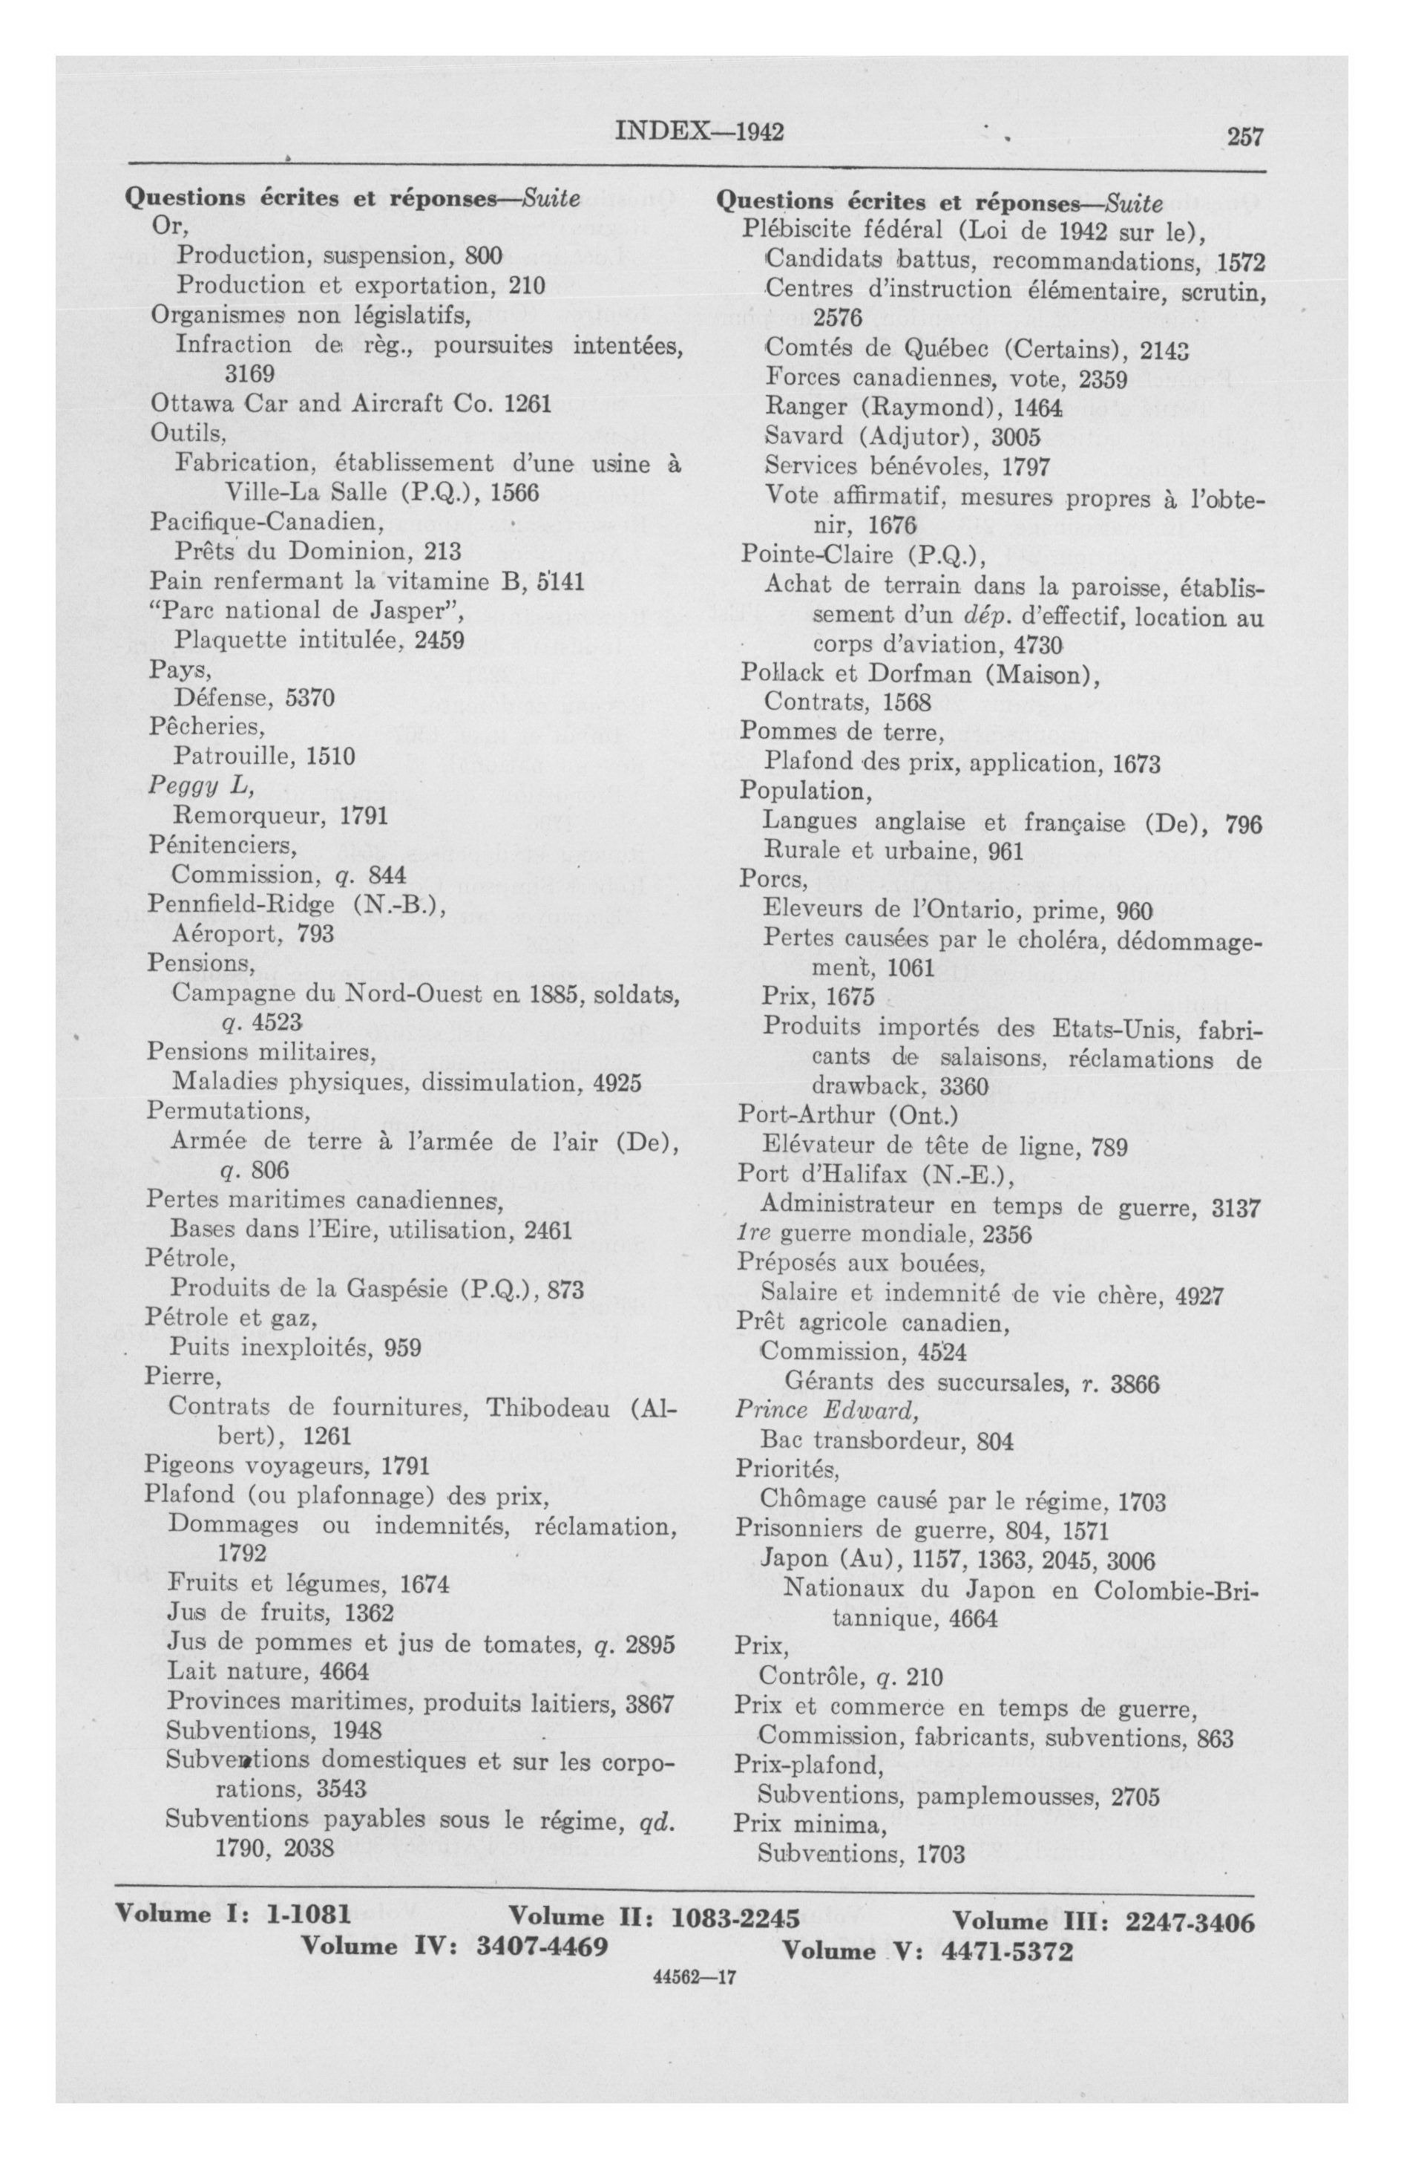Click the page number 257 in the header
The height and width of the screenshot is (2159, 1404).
[x=1244, y=137]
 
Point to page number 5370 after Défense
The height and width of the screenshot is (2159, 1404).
[x=310, y=699]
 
